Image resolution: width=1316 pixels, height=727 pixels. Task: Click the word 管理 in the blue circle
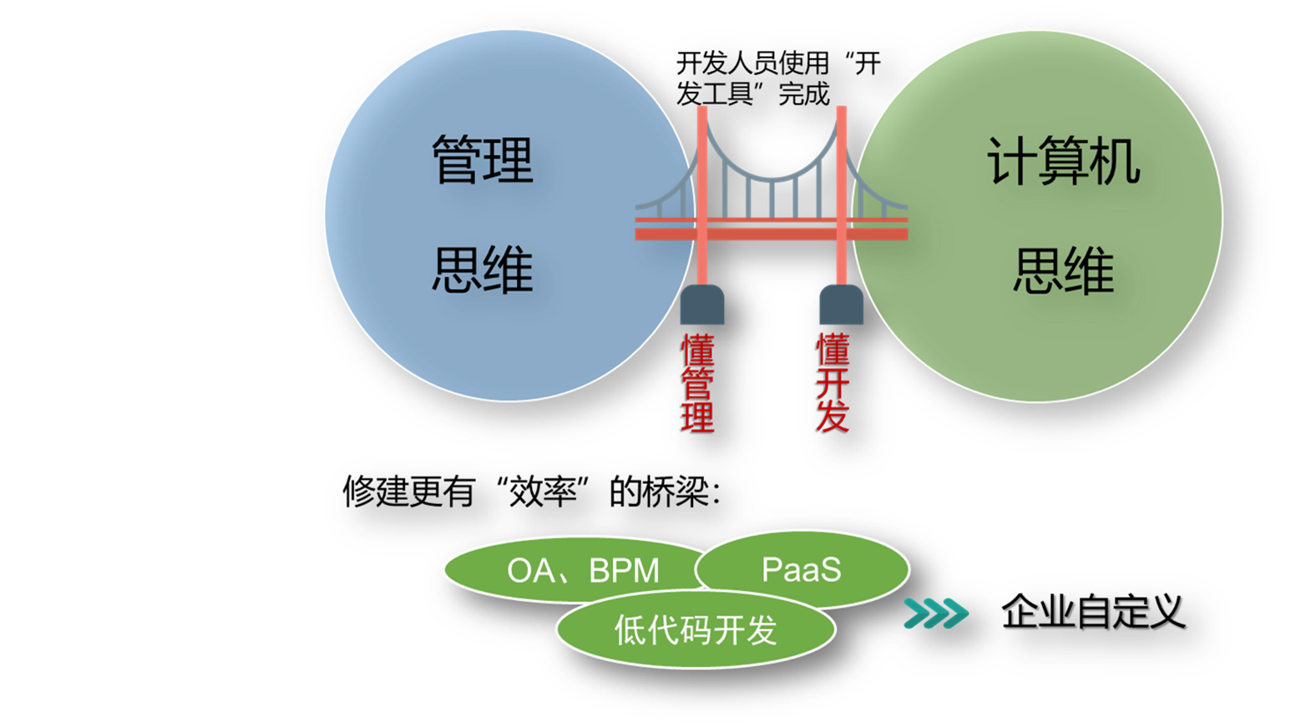pos(483,159)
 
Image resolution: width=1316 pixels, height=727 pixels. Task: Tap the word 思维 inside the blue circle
pos(483,270)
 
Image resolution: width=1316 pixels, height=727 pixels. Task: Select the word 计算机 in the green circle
pos(1063,161)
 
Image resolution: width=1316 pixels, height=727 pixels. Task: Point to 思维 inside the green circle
pos(1063,270)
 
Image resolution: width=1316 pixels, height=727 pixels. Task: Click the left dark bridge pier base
pos(702,305)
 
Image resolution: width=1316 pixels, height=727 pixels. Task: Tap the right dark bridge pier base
pos(842,305)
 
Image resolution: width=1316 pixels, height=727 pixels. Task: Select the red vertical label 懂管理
pos(697,383)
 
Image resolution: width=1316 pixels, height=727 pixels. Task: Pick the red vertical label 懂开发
pos(833,383)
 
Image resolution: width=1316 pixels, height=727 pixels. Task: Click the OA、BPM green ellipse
pos(576,569)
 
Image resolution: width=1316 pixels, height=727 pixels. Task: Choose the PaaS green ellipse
pos(802,568)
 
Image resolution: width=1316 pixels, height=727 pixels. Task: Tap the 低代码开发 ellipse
pos(696,629)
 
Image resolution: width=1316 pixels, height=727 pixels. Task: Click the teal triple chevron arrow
pos(936,613)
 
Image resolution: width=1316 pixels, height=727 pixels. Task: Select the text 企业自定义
pos(1093,612)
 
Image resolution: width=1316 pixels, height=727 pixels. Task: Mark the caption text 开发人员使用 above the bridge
pos(752,63)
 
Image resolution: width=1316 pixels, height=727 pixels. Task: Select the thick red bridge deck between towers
pos(772,234)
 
